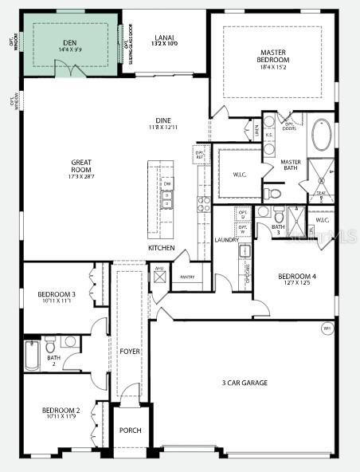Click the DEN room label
coord(71,45)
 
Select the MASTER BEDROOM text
coord(273,56)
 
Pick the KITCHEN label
coord(161,248)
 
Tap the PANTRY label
coord(188,277)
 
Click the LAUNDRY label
coord(226,240)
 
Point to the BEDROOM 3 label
coord(57,295)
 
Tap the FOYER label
coord(130,351)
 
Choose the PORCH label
coord(130,431)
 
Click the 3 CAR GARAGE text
coord(245,383)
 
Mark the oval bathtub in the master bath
coord(323,136)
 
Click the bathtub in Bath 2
coord(32,356)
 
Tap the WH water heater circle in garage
coord(327,328)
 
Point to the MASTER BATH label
coord(291,165)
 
